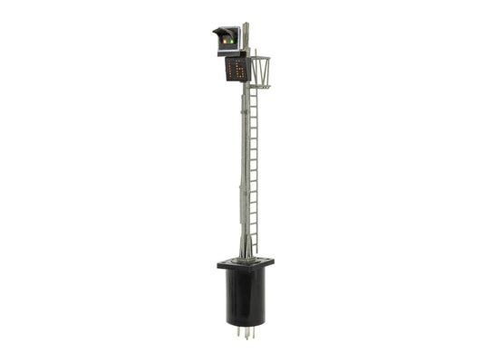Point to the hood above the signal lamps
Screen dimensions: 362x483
[x=221, y=31]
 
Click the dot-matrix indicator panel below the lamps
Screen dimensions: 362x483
[x=237, y=70]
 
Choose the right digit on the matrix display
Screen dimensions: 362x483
[x=241, y=70]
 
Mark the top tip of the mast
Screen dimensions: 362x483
[x=246, y=24]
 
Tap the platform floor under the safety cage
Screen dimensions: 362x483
[x=260, y=87]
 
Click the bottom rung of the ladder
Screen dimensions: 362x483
[x=253, y=248]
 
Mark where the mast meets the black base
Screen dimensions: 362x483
[x=245, y=259]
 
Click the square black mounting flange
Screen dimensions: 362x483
[x=245, y=265]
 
